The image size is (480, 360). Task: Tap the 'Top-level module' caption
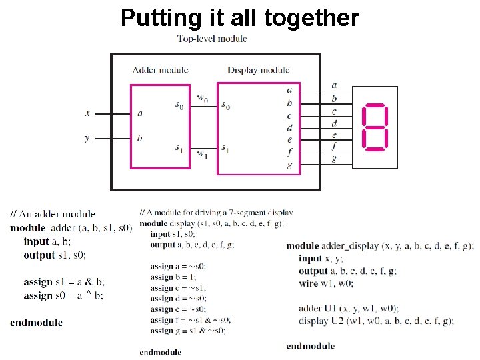(x=212, y=39)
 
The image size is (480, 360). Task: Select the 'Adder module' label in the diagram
(x=160, y=70)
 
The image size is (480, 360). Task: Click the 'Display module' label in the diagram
(x=259, y=70)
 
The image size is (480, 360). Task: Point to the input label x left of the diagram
(x=87, y=113)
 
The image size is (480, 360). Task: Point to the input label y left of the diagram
(x=87, y=138)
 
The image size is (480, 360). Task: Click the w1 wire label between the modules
(x=202, y=154)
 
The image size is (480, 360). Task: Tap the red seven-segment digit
(x=375, y=126)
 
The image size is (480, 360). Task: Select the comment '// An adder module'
(x=53, y=214)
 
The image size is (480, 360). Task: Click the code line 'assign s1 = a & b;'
(x=64, y=282)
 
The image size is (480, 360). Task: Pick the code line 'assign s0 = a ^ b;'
(x=63, y=295)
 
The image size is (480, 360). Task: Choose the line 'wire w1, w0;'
(x=326, y=283)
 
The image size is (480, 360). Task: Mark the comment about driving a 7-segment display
(x=216, y=213)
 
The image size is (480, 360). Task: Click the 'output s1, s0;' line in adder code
(x=55, y=255)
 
